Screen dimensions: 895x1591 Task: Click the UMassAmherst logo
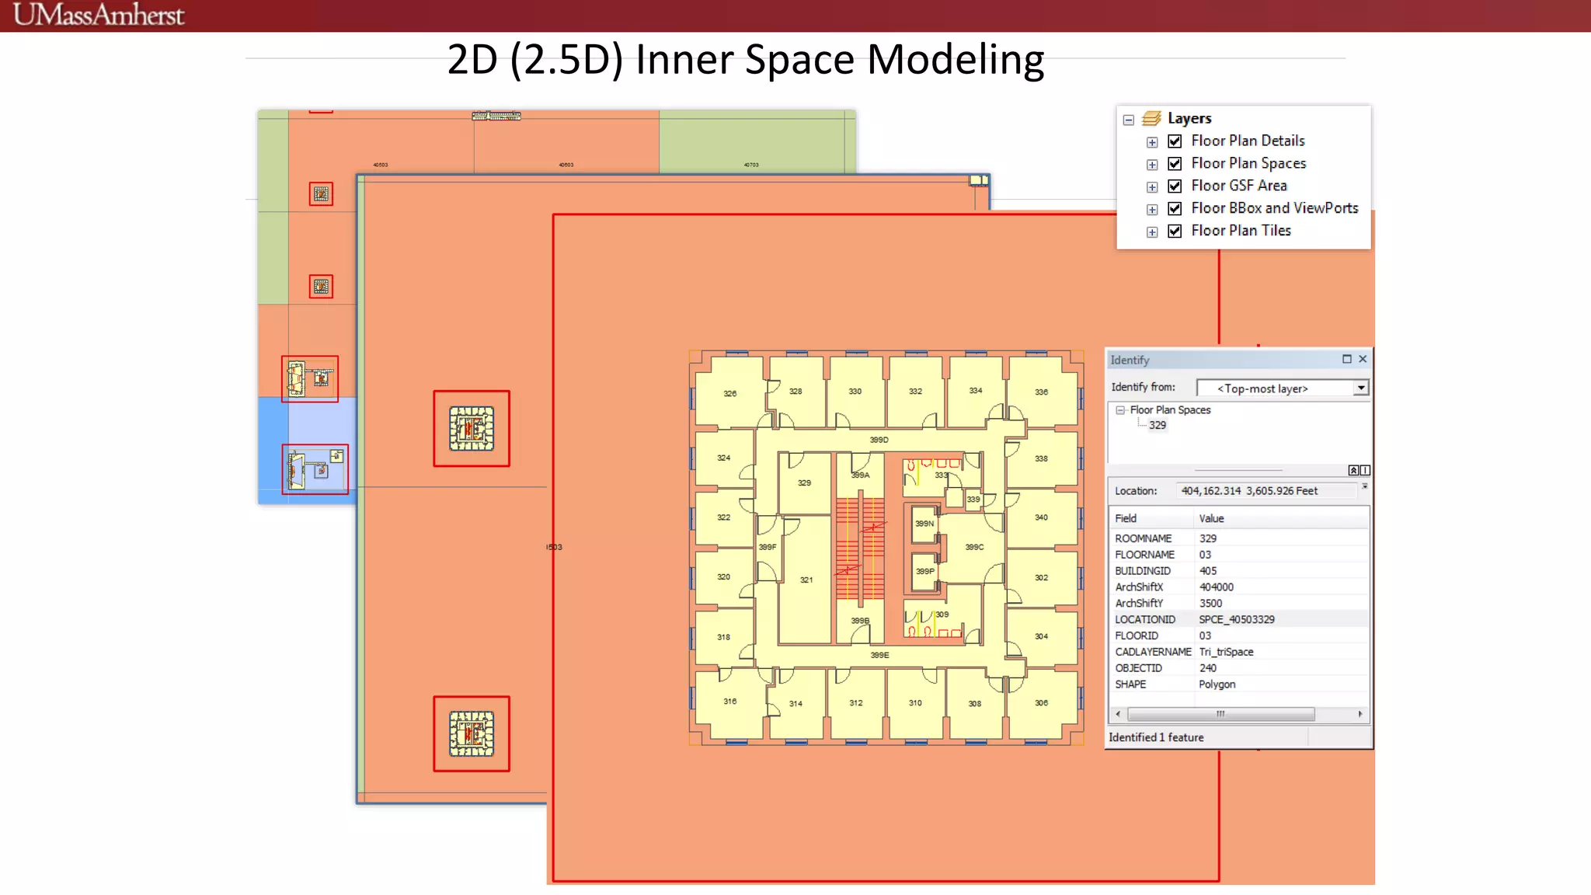99,15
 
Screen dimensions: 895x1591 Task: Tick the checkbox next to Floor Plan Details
1175,141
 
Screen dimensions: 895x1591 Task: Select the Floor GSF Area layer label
1238,186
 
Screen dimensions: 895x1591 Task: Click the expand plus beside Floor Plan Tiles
1152,232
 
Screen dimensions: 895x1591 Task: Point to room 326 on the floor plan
729,393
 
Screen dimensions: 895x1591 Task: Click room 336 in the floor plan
1041,392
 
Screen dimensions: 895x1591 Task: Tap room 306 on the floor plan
1041,702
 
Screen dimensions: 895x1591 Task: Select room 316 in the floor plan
729,701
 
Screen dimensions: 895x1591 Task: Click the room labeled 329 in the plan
804,483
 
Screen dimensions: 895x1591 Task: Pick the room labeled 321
806,580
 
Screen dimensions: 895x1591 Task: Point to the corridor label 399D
879,440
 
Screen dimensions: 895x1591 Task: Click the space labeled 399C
974,547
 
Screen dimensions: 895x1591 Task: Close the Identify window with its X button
1363,359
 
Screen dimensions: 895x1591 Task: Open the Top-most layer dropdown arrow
1360,388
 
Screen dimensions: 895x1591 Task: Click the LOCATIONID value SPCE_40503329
1236,619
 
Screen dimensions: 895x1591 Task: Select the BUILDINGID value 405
1208,571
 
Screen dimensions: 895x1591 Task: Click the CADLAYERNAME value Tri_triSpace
1226,652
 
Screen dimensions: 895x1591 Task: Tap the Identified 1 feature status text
1156,737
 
